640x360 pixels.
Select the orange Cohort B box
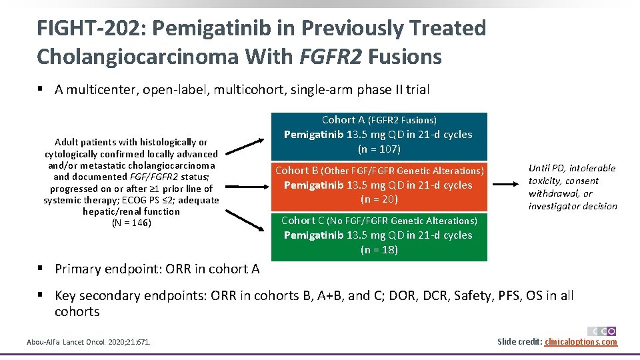point(379,185)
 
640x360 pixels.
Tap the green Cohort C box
point(379,235)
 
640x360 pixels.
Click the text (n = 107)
point(379,149)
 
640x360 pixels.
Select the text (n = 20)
point(379,199)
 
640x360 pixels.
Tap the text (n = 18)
point(379,250)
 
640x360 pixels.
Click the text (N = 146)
point(131,223)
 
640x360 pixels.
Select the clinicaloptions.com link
point(581,342)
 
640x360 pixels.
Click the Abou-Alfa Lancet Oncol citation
point(89,342)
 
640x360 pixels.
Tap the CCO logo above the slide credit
point(602,331)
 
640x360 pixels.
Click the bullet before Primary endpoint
point(41,269)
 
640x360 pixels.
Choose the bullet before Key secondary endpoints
point(41,295)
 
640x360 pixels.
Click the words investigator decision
point(573,206)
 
